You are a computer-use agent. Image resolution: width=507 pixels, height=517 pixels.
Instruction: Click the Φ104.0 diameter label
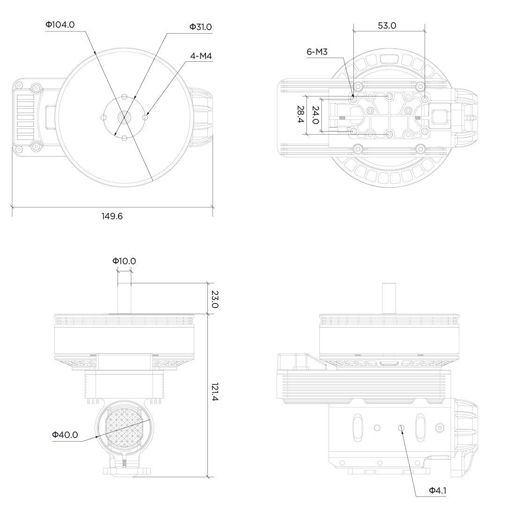(60, 25)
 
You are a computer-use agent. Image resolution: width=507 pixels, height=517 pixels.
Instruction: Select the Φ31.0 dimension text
(200, 27)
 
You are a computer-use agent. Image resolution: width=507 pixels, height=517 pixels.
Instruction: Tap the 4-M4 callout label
(201, 56)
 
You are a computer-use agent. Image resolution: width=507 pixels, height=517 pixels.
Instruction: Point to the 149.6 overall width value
(112, 216)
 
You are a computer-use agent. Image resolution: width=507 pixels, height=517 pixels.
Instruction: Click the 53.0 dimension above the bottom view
(387, 26)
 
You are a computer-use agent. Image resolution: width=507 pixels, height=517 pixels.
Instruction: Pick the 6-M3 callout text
(317, 52)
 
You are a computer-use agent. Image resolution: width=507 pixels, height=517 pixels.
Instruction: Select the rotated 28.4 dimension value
(300, 114)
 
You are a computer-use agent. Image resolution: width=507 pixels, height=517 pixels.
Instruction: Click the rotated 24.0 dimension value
(316, 115)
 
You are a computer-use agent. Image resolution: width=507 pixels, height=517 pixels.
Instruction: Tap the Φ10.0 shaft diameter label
(124, 261)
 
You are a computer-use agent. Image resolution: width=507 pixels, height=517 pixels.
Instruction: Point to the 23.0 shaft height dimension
(214, 299)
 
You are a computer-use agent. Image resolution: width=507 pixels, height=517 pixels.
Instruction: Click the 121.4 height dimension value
(214, 392)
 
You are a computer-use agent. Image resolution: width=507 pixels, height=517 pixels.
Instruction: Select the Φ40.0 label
(65, 435)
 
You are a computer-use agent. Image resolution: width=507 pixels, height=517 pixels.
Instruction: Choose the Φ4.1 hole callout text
(438, 491)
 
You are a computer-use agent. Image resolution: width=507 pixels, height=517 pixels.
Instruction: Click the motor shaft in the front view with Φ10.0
(124, 298)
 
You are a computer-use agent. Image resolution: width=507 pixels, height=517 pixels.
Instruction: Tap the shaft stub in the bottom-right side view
(389, 298)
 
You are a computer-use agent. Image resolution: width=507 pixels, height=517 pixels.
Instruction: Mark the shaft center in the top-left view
(124, 117)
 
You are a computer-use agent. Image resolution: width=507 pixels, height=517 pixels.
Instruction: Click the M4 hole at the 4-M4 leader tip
(146, 117)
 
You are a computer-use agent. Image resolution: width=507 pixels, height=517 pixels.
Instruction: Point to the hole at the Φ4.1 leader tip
(401, 428)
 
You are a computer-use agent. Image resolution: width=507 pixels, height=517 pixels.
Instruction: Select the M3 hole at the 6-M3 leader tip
(353, 98)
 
